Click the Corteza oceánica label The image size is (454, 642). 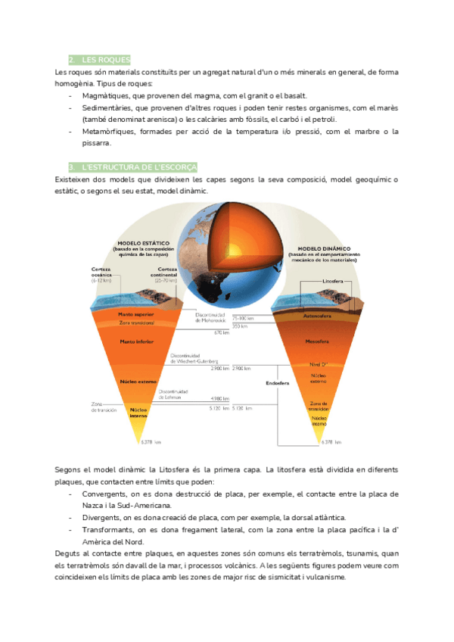101,273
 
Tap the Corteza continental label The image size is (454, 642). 167,273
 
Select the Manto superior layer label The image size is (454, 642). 137,313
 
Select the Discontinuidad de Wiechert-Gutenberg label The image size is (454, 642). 194,359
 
